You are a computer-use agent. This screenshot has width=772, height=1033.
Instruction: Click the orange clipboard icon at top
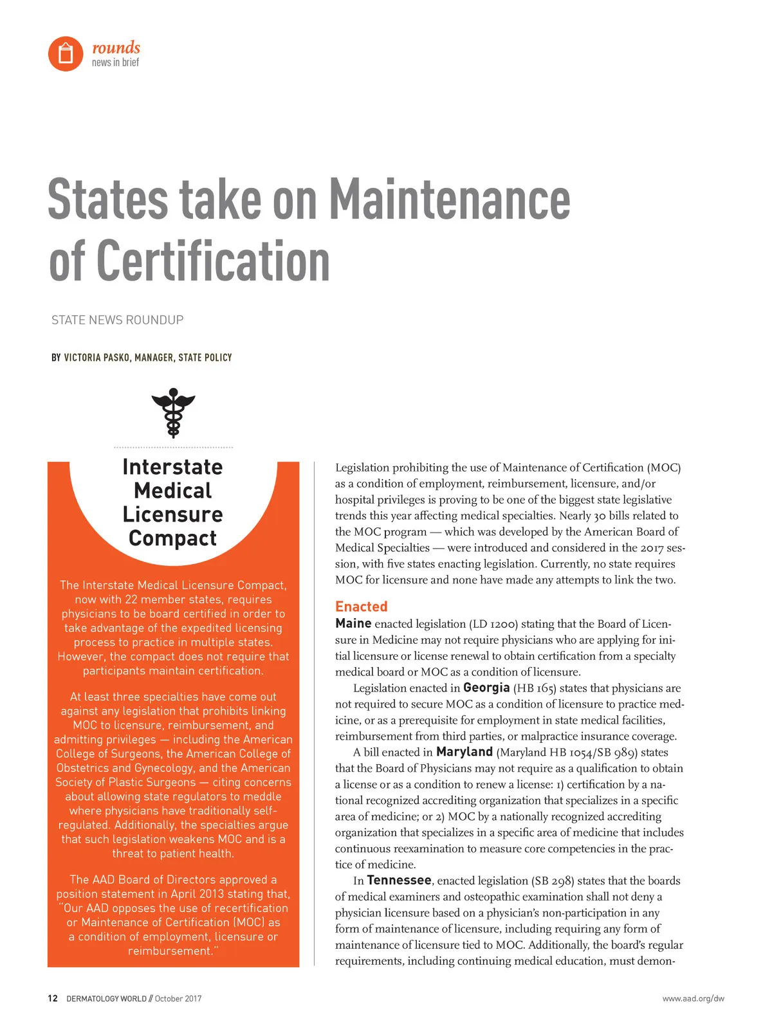[x=66, y=53]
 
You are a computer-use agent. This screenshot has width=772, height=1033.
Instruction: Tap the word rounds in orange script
[x=116, y=48]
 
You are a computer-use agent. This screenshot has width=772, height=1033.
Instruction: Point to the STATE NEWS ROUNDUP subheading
[x=118, y=320]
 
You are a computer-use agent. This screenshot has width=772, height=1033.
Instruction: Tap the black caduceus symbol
[x=173, y=412]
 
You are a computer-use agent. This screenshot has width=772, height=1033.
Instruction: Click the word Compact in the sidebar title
[x=172, y=538]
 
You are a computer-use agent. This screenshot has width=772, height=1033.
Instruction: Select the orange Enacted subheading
[x=361, y=607]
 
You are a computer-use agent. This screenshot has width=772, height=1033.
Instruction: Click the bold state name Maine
[x=353, y=623]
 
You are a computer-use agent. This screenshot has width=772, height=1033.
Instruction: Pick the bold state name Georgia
[x=486, y=688]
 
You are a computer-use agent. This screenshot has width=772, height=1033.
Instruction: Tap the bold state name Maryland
[x=464, y=752]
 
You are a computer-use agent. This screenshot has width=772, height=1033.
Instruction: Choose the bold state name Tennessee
[x=399, y=881]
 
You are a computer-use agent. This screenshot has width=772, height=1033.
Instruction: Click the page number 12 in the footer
[x=53, y=999]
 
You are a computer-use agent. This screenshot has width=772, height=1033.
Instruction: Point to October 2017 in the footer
[x=178, y=999]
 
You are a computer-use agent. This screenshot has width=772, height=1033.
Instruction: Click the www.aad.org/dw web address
[x=693, y=999]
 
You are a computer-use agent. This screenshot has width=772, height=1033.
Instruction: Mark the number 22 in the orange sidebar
[x=131, y=599]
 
